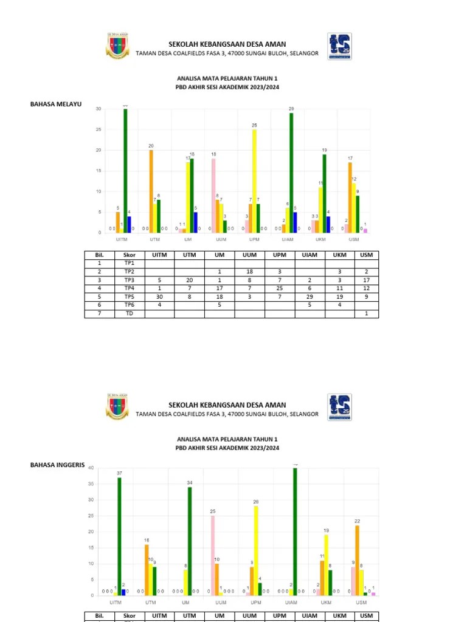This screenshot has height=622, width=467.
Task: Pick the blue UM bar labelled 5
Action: pyautogui.click(x=195, y=222)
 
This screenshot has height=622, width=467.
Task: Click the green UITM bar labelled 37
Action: pyautogui.click(x=119, y=536)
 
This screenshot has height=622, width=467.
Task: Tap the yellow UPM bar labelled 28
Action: pyautogui.click(x=256, y=550)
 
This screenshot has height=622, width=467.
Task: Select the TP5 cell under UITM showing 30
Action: pyautogui.click(x=159, y=298)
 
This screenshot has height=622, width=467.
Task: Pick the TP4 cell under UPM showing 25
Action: pyautogui.click(x=280, y=289)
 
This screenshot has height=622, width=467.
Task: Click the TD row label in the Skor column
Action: pyautogui.click(x=129, y=314)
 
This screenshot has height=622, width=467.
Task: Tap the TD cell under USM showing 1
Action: pyautogui.click(x=366, y=314)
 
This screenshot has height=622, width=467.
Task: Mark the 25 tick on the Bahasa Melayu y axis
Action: pyautogui.click(x=98, y=129)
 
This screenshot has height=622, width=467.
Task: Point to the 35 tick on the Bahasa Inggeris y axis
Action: pyautogui.click(x=91, y=484)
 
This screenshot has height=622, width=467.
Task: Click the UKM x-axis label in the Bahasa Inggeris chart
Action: pyautogui.click(x=327, y=602)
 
